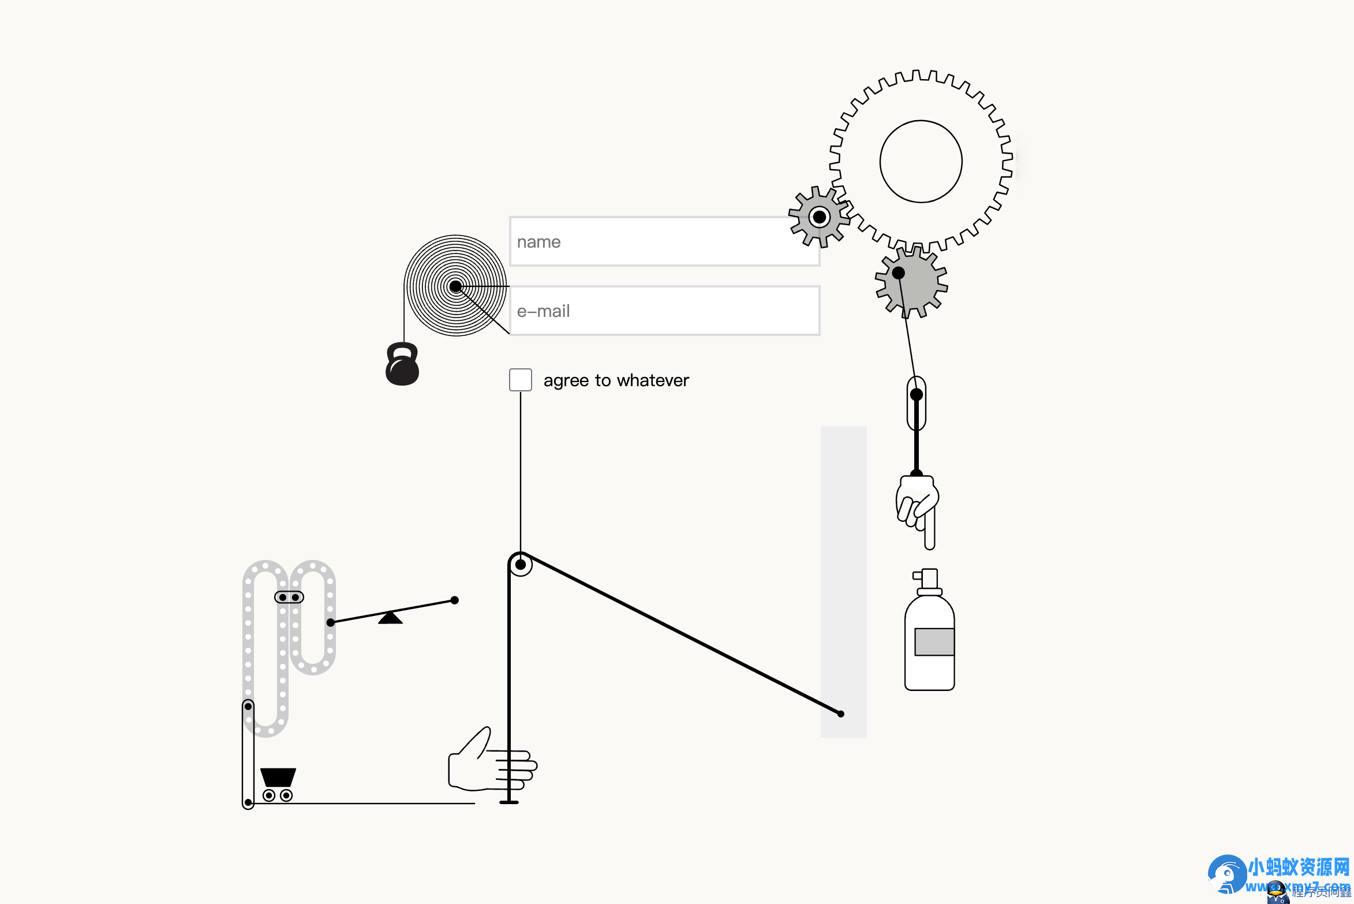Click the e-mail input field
664,311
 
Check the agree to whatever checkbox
520,380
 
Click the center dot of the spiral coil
455,286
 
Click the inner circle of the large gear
921,162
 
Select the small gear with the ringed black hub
819,217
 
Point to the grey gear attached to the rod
912,282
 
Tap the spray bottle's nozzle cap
928,579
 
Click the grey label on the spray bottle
934,641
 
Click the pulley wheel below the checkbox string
521,565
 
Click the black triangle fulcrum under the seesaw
390,618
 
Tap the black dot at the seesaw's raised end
455,600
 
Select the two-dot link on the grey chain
289,597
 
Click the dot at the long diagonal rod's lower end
840,714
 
